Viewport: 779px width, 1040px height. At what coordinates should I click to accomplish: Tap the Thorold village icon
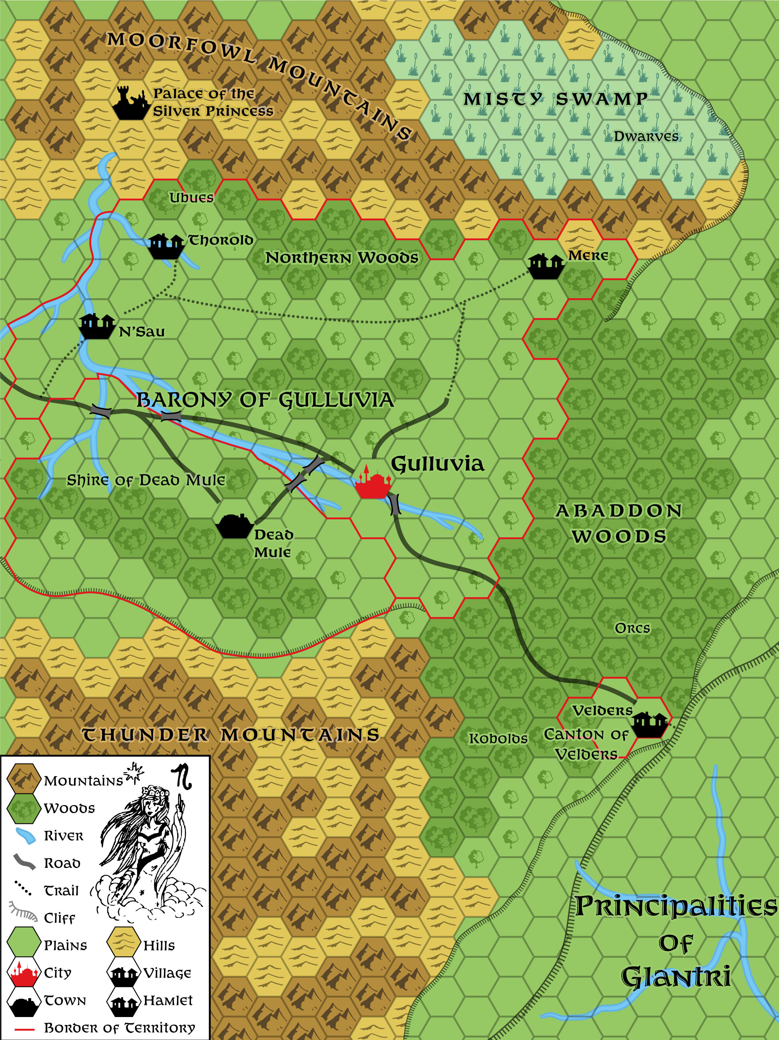tap(166, 246)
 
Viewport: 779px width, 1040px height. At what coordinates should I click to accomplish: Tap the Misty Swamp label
tap(555, 99)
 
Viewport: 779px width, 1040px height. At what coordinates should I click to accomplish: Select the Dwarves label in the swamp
tap(646, 136)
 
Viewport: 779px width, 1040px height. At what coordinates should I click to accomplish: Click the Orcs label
tap(632, 628)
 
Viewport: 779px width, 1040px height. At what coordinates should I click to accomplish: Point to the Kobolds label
tap(498, 738)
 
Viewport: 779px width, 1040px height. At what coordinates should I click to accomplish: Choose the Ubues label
tap(192, 197)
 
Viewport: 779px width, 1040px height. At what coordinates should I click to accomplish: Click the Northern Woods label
tap(342, 258)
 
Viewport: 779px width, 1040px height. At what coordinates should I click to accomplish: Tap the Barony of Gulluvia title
tap(265, 400)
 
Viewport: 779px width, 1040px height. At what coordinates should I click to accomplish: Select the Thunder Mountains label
tap(231, 734)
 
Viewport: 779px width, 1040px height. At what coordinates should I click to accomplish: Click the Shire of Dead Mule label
tap(146, 480)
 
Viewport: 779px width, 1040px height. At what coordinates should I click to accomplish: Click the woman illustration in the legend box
tap(146, 841)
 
